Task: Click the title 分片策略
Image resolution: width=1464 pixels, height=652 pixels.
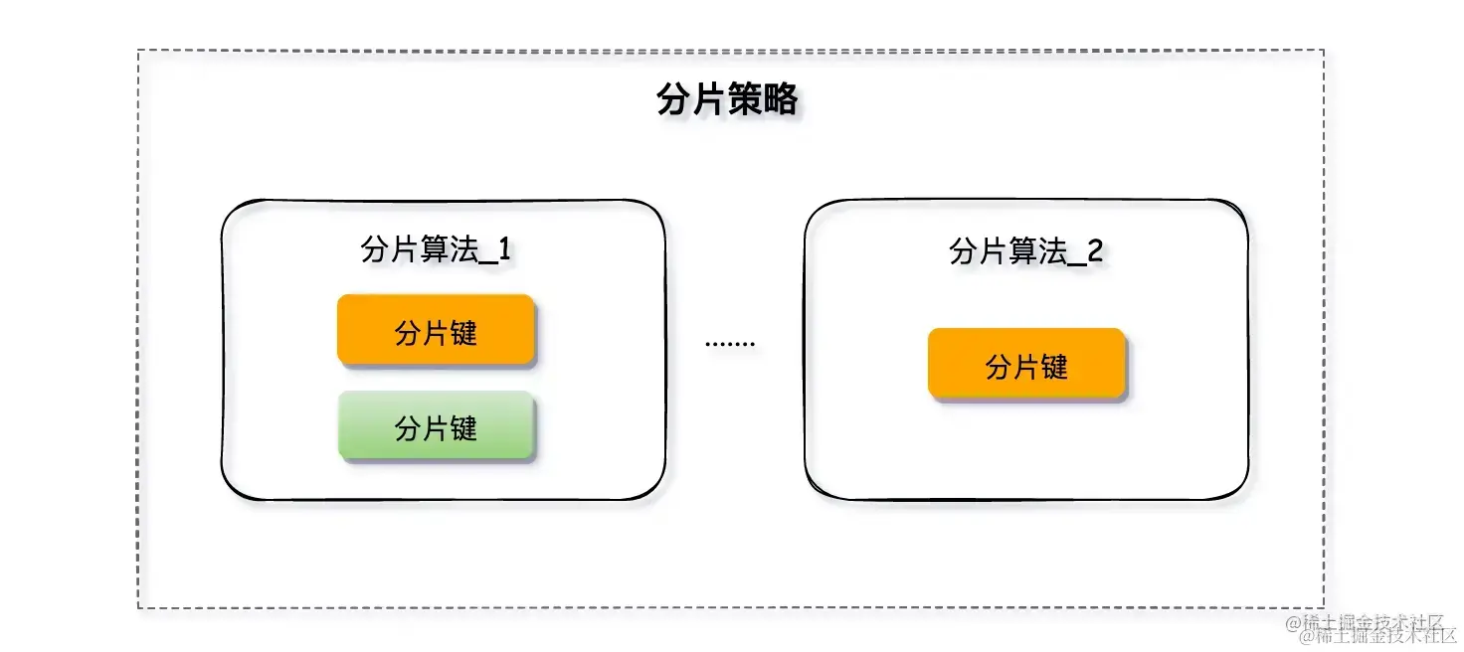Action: click(x=727, y=100)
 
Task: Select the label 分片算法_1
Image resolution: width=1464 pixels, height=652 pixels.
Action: click(x=437, y=249)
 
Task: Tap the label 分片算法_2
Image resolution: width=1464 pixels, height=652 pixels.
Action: click(x=1026, y=251)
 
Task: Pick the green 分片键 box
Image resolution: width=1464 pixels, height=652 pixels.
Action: click(x=437, y=427)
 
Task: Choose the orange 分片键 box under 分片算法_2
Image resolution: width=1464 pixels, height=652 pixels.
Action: click(x=1026, y=366)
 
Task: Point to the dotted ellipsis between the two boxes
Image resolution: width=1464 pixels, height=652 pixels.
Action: click(x=730, y=344)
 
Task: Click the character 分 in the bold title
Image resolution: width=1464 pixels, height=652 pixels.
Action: click(x=674, y=100)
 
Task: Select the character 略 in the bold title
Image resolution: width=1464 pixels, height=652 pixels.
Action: click(x=780, y=100)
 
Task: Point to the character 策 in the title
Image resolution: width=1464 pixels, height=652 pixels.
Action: click(x=745, y=100)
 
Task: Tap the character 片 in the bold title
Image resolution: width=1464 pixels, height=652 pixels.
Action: click(x=709, y=100)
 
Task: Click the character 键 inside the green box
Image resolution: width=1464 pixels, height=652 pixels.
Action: click(x=464, y=427)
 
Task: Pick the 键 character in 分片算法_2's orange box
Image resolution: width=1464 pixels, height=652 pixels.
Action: click(x=1054, y=366)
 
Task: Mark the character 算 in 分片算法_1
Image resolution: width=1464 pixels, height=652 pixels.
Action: click(x=434, y=249)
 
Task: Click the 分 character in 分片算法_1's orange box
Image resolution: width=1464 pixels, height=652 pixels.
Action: click(x=408, y=332)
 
